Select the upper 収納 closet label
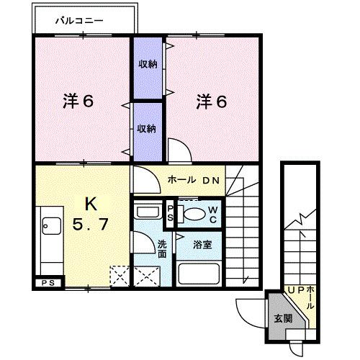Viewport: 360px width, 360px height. click(x=148, y=63)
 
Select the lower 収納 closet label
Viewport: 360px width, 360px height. click(x=147, y=129)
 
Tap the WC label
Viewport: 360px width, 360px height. click(x=215, y=214)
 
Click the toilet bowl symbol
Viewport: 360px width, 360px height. click(x=192, y=215)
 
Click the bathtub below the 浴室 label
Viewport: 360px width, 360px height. click(x=202, y=276)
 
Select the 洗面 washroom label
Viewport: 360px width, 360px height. click(x=163, y=248)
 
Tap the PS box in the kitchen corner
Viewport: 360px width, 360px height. click(x=48, y=282)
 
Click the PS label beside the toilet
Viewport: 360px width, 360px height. click(x=170, y=214)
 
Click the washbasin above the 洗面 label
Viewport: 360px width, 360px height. click(x=147, y=212)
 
